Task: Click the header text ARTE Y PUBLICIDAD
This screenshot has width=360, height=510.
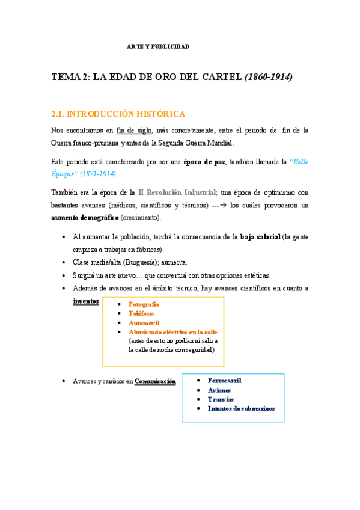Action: pyautogui.click(x=157, y=46)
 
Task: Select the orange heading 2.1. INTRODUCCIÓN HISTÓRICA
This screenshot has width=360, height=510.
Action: pyautogui.click(x=118, y=114)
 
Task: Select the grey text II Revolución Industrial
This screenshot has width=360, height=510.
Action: pyautogui.click(x=178, y=193)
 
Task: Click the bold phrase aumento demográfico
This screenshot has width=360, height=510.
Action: pyautogui.click(x=85, y=217)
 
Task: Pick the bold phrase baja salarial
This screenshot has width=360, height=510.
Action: pyautogui.click(x=260, y=237)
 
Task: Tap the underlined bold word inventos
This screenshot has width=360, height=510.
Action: pyautogui.click(x=86, y=301)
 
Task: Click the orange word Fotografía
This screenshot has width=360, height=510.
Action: pyautogui.click(x=144, y=304)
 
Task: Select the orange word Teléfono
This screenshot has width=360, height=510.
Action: pyautogui.click(x=141, y=313)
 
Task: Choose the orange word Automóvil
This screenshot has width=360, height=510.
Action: pyautogui.click(x=144, y=323)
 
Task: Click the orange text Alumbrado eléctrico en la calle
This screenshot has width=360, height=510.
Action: pyautogui.click(x=173, y=332)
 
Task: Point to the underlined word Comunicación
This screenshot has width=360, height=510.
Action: pyautogui.click(x=155, y=381)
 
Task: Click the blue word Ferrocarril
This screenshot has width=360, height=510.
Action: pyautogui.click(x=224, y=381)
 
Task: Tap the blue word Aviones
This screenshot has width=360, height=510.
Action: pyautogui.click(x=219, y=390)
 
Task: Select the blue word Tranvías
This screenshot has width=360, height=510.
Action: pyautogui.click(x=221, y=399)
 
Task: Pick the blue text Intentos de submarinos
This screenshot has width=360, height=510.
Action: pyautogui.click(x=241, y=408)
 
